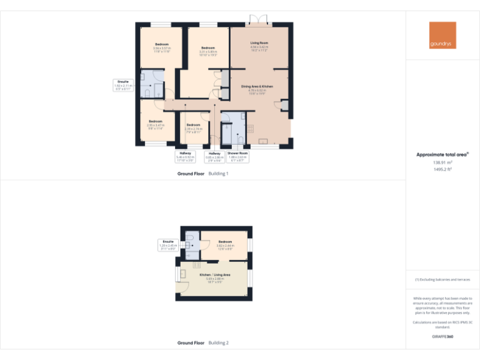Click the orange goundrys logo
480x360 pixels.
[442, 35]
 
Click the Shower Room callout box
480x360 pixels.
[237, 156]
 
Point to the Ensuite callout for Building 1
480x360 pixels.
[123, 85]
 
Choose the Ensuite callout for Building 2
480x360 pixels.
[168, 244]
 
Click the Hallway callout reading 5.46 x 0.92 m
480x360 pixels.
[186, 156]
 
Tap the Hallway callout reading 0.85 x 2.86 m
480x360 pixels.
[214, 156]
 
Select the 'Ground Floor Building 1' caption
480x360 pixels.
[202, 174]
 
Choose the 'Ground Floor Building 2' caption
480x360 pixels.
[202, 343]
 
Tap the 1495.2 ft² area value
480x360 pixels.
[442, 169]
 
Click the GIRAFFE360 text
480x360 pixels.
[442, 337]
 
